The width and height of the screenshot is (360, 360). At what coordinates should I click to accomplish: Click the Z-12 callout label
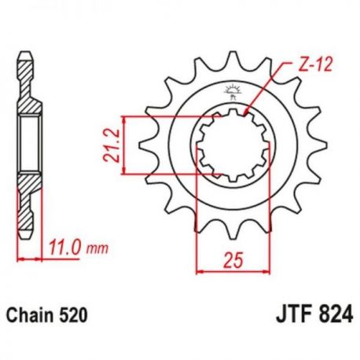[x=315, y=64]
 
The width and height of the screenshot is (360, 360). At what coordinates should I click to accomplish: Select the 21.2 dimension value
[x=112, y=145]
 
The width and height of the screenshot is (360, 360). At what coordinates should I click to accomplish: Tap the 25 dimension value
[x=233, y=260]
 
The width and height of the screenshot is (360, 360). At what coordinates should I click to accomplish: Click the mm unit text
[x=97, y=249]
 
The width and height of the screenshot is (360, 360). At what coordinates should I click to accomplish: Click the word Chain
[x=29, y=315]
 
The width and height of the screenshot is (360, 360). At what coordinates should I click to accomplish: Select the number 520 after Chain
[x=71, y=315]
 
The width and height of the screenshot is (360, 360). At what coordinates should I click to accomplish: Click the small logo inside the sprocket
[x=232, y=92]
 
